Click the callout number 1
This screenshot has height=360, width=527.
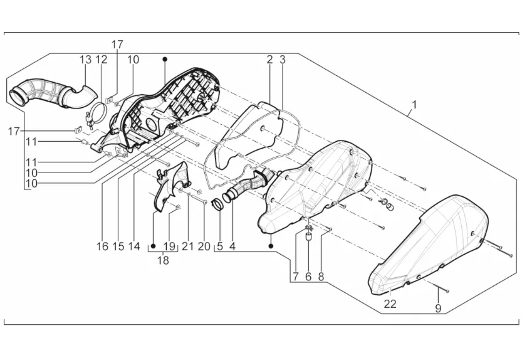coord(414,104)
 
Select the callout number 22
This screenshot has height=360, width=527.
coord(390,304)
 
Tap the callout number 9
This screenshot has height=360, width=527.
coord(438,308)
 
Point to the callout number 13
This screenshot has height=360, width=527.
coord(85,59)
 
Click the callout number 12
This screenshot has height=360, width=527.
coord(102,59)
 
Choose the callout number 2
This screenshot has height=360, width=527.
coord(269,60)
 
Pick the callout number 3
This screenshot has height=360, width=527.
coord(283,60)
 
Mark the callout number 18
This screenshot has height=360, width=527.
coord(163,260)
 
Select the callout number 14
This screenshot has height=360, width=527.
coord(134,246)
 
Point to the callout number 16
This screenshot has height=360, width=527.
coord(102,246)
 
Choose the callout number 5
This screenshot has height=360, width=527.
coord(219,246)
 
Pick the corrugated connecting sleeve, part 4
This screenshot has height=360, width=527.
coord(248,187)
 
